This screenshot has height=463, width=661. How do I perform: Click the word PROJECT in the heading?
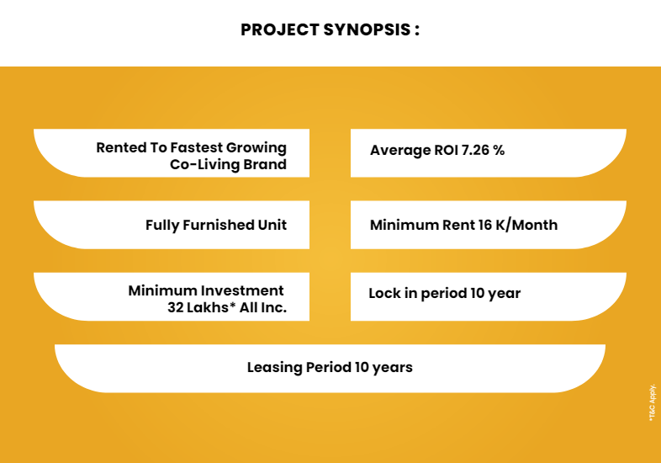point(279,30)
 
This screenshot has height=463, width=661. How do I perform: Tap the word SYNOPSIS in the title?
point(367,30)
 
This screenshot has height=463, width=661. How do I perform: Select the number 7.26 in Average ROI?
point(475,150)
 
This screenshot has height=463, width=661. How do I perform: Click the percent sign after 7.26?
point(500,150)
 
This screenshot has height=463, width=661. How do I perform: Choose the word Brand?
point(265,164)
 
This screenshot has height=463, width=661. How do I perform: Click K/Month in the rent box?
point(526,225)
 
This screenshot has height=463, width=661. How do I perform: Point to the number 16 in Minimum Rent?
point(485,225)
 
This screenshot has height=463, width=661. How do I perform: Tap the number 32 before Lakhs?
point(175,307)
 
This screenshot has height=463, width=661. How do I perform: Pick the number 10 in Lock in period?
point(477,293)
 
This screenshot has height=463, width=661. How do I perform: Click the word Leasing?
point(274,368)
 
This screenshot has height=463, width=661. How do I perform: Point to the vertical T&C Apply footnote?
point(653,402)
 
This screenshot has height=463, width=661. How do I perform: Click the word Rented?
point(121,147)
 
